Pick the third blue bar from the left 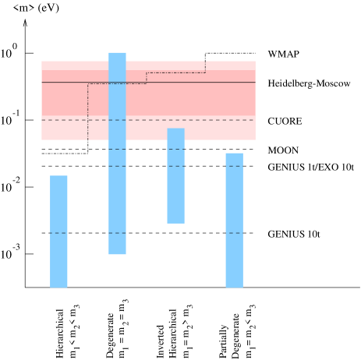click(175, 195)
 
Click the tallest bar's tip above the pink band click(117, 56)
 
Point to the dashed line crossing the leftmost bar click(58, 233)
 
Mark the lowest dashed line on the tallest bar click(117, 233)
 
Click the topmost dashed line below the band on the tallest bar click(117, 149)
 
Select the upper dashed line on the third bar click(175, 149)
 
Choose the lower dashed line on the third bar click(175, 166)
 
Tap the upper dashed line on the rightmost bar click(234, 166)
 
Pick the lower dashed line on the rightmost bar click(234, 233)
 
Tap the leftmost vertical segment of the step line click(87, 109)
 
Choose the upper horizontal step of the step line click(175, 72)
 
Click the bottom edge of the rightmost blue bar click(234, 287)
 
